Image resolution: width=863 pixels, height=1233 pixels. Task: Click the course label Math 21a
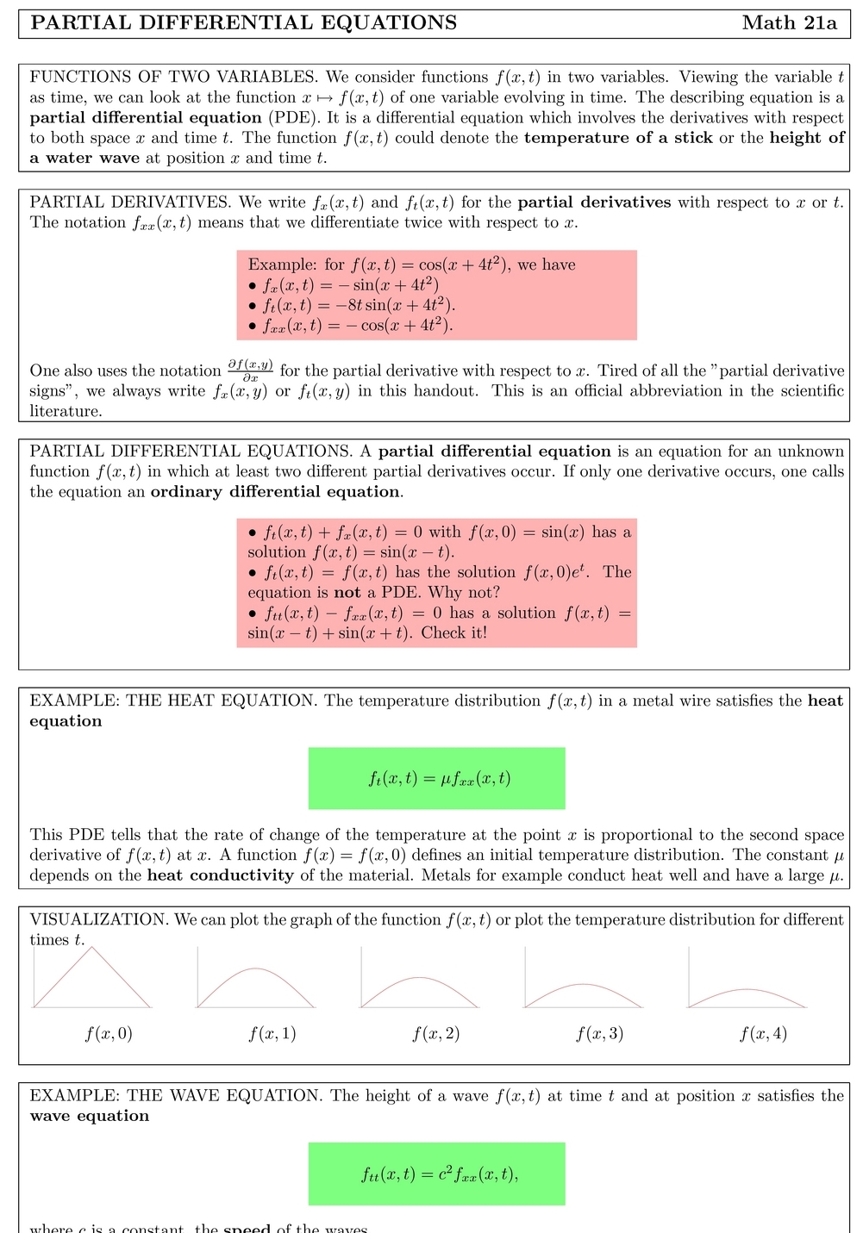click(x=789, y=23)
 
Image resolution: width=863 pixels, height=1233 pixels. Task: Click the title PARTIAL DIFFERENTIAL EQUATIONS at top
click(x=244, y=23)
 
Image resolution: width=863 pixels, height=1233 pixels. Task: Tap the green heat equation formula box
click(x=436, y=778)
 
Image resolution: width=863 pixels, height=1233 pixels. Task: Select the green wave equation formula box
click(x=436, y=1174)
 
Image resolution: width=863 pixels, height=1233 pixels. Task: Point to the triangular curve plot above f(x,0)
click(x=92, y=978)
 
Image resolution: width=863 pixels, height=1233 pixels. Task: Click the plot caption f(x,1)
click(x=272, y=1033)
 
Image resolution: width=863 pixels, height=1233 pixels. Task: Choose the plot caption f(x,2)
click(x=436, y=1033)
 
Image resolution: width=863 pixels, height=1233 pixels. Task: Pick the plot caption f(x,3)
click(x=600, y=1033)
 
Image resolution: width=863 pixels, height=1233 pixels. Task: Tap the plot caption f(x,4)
click(x=763, y=1033)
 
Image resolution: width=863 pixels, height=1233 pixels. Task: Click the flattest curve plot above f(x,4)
click(x=747, y=997)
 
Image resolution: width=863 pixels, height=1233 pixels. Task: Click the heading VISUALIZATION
click(x=98, y=919)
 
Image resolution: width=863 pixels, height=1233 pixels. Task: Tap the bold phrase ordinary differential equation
click(x=275, y=492)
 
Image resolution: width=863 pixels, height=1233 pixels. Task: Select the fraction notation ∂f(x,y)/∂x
click(x=250, y=371)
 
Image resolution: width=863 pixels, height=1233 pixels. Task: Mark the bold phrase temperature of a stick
click(x=618, y=138)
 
